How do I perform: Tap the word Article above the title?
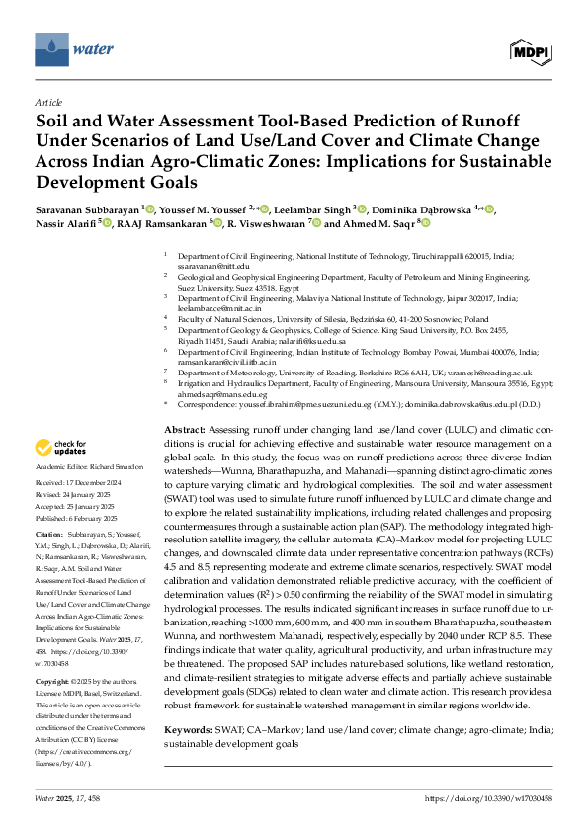pos(48,103)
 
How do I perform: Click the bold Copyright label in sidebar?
pos(53,654)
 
